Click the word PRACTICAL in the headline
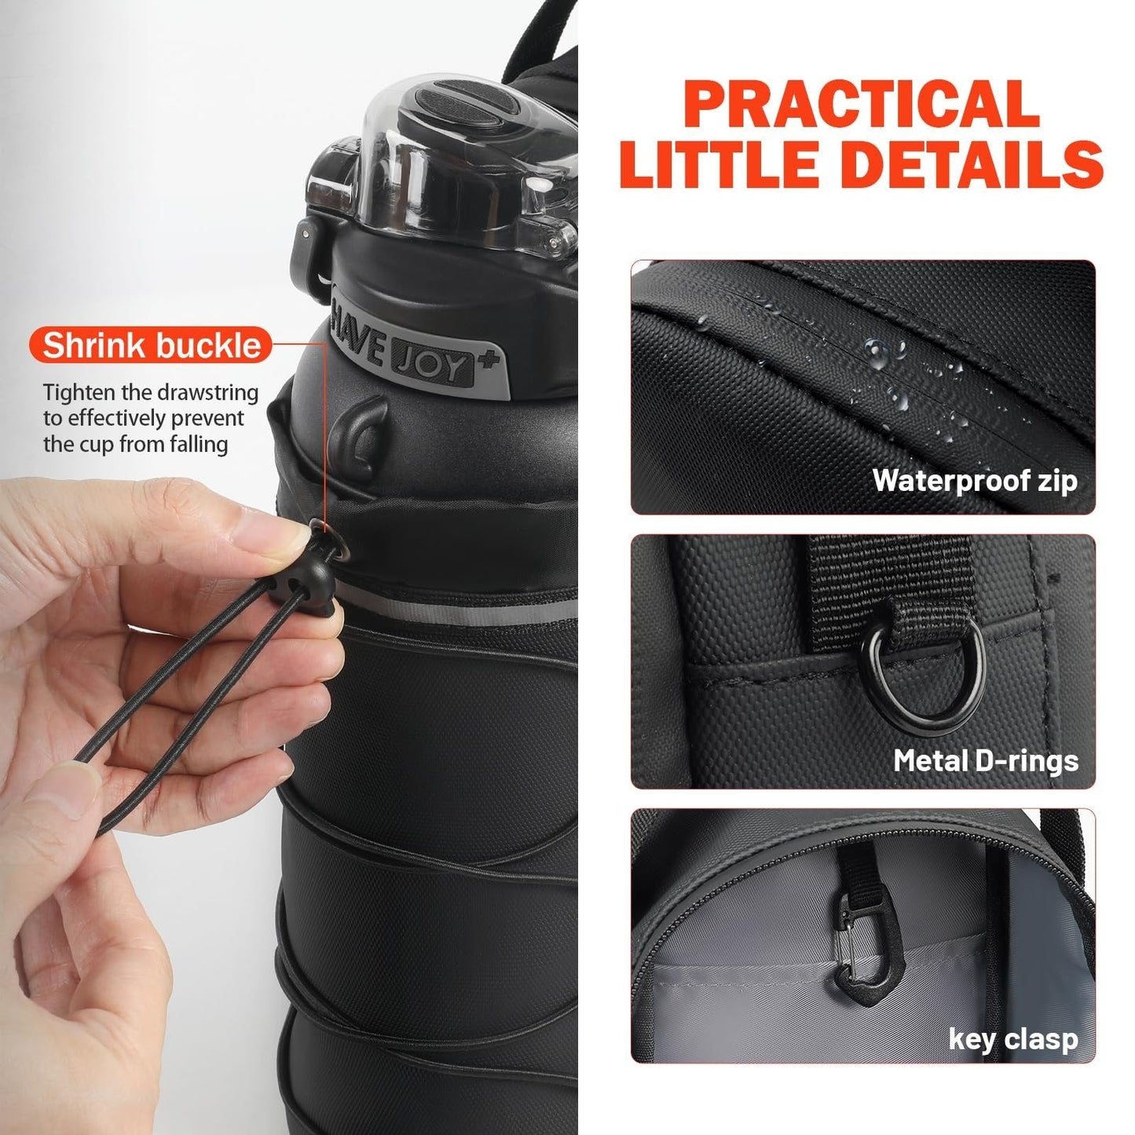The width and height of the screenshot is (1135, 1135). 861,104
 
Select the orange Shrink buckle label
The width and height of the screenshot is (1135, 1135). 151,345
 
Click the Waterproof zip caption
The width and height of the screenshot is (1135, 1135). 975,480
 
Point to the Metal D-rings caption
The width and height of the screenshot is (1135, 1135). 986,760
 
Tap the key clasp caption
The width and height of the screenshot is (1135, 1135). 1013,1040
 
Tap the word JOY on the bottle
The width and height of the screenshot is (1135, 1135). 432,365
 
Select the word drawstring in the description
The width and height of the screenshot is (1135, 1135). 207,392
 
